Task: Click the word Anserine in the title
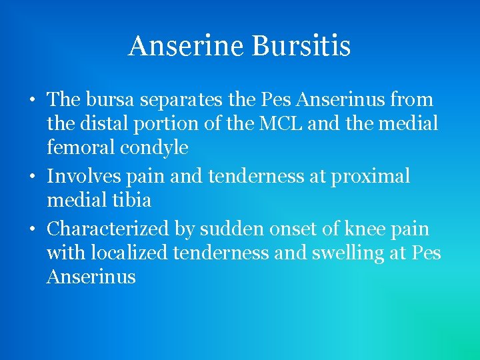188,46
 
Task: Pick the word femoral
81,147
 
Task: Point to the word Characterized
109,229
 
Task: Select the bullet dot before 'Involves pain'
32,177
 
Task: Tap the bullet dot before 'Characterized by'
32,230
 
